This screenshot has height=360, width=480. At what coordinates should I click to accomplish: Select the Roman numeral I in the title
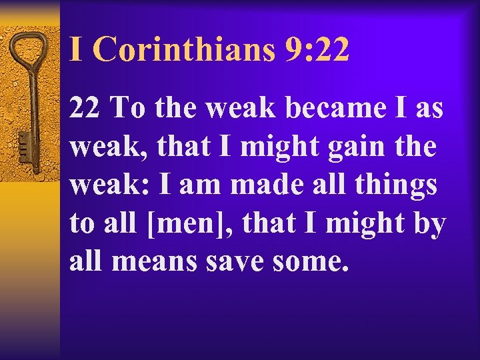(x=77, y=50)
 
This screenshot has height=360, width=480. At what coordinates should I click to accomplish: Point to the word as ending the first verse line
(x=429, y=107)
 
